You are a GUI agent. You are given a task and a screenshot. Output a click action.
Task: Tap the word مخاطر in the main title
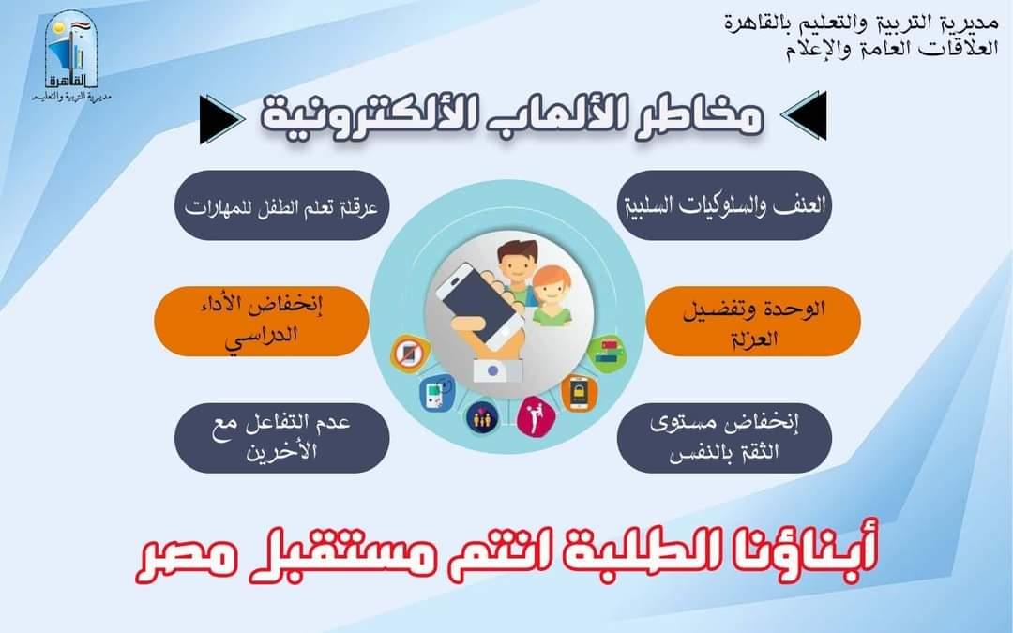[706, 116]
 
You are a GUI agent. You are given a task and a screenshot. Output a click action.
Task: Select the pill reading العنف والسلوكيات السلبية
[724, 205]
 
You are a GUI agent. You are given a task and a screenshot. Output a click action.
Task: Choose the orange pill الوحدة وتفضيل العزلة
[753, 321]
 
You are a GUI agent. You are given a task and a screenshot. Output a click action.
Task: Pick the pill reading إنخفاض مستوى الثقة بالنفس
[724, 437]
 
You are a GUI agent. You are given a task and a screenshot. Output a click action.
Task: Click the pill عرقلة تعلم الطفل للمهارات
[281, 205]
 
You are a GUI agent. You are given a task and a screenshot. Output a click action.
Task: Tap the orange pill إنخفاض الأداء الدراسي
[261, 321]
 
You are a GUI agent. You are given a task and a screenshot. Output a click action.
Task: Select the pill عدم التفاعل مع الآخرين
[281, 437]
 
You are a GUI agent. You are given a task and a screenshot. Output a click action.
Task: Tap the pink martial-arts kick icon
[537, 415]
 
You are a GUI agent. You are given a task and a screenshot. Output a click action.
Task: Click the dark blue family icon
[482, 418]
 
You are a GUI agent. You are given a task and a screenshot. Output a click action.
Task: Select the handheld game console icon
[437, 392]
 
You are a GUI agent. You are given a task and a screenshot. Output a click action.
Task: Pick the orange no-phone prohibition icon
[410, 354]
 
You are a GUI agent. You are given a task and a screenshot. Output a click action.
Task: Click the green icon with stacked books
[607, 354]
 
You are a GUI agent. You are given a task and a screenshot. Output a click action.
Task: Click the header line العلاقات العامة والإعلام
[892, 49]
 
